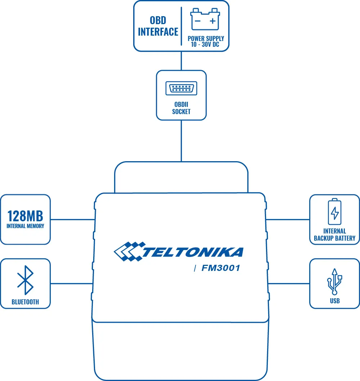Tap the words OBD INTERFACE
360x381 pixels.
158,26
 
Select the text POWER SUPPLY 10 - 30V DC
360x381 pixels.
206,41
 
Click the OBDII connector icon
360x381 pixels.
181,88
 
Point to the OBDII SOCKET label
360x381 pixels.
181,108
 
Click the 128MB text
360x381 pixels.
25,216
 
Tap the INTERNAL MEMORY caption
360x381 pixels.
25,226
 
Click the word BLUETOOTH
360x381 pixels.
25,302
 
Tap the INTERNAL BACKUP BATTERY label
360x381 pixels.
335,235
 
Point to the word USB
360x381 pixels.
335,301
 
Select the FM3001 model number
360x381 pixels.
221,268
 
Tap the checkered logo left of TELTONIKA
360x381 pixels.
128,251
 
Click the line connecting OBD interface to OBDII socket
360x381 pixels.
181,61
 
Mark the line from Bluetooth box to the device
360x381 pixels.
72,284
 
